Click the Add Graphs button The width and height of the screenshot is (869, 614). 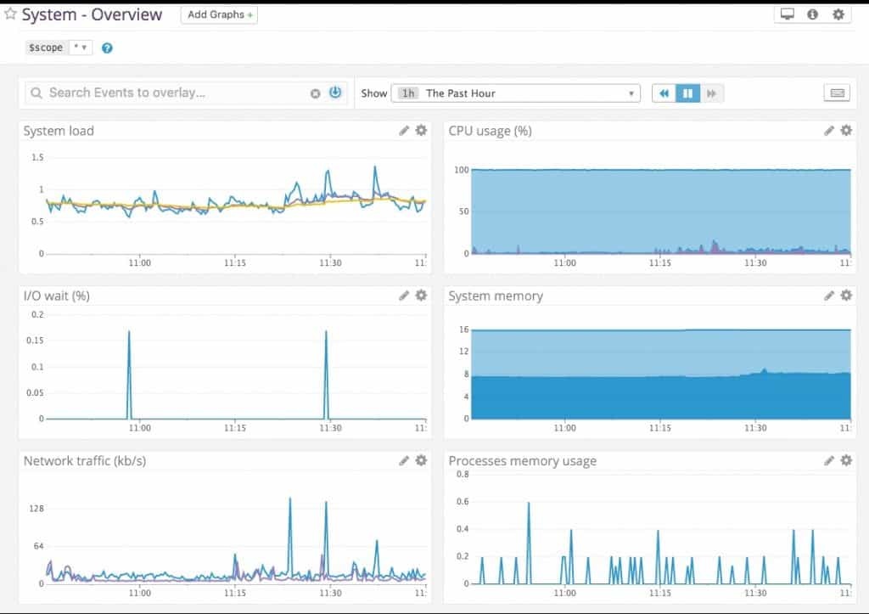click(x=219, y=14)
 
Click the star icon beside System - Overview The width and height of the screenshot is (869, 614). click(x=10, y=14)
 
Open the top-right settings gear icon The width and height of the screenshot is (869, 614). click(x=838, y=14)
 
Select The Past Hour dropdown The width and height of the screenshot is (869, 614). click(x=515, y=93)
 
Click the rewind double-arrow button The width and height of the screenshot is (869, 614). click(x=664, y=93)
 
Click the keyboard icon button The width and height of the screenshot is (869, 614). click(x=837, y=93)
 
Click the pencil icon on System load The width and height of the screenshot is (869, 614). click(x=405, y=131)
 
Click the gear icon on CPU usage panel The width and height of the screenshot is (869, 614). click(x=846, y=131)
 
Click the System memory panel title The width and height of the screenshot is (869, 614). click(x=496, y=296)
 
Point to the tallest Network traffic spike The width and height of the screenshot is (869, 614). click(x=290, y=499)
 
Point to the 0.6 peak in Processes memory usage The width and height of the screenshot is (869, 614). click(x=529, y=504)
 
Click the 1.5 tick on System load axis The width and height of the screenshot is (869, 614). click(x=36, y=158)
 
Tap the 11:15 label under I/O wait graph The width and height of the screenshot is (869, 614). click(x=235, y=428)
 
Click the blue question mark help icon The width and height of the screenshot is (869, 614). click(x=107, y=48)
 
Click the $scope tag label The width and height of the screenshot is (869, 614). click(x=46, y=48)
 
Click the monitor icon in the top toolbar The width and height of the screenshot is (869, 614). click(x=787, y=14)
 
